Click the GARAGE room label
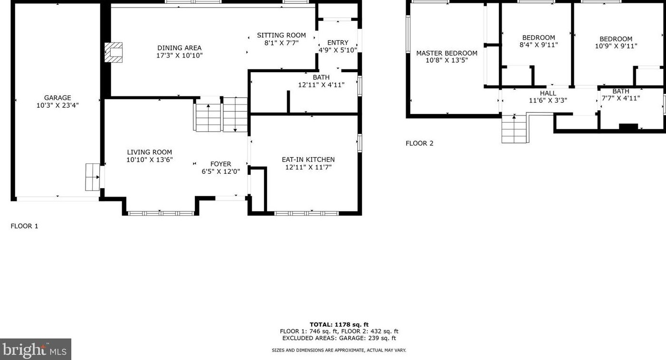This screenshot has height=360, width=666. (x=57, y=98)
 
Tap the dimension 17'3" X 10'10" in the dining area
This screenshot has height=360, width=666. (x=180, y=56)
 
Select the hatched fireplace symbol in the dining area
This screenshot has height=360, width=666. (x=114, y=52)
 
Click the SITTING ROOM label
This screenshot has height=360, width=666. (x=281, y=35)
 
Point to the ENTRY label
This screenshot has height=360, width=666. (x=338, y=42)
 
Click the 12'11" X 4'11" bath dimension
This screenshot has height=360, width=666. (x=321, y=85)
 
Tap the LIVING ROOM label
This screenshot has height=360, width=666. (x=149, y=152)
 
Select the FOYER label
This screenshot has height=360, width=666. (x=220, y=164)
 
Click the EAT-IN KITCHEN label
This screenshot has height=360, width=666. (x=308, y=160)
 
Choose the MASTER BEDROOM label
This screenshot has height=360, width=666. (x=447, y=53)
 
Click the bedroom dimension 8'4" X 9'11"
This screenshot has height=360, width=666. (x=539, y=45)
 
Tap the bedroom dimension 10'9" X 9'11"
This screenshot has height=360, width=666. (x=616, y=47)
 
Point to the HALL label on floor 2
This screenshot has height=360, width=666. (x=548, y=93)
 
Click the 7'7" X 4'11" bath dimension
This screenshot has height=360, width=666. (x=620, y=98)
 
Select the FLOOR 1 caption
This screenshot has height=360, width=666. (x=24, y=226)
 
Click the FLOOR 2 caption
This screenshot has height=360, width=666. (x=419, y=143)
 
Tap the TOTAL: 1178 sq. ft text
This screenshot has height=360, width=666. (x=339, y=325)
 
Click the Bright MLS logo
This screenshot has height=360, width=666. (x=36, y=350)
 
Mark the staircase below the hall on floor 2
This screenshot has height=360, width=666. (x=514, y=129)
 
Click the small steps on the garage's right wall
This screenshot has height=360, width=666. (x=92, y=177)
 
